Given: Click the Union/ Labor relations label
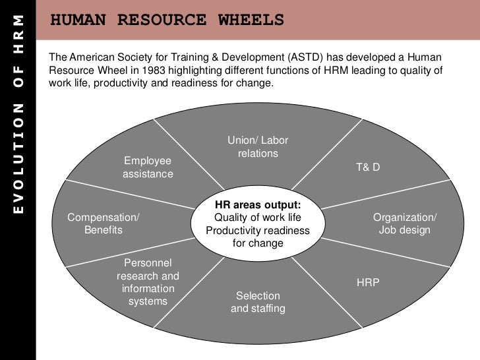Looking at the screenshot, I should tap(258, 147).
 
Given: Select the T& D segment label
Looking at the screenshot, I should tap(368, 167).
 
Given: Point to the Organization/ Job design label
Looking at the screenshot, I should tap(405, 224).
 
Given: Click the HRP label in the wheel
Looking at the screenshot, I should tap(368, 282).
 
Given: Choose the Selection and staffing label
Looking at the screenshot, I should tap(258, 302).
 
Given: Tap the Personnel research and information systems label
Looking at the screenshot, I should tap(148, 282).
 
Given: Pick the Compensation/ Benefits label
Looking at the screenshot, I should tap(104, 224).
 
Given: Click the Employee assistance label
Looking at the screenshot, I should tap(148, 167).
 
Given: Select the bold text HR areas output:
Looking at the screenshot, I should tap(258, 205).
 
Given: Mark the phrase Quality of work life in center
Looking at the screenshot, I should tap(258, 218).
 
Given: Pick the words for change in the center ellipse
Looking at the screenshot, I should tap(258, 243).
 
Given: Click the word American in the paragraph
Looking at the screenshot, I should tap(90, 58).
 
